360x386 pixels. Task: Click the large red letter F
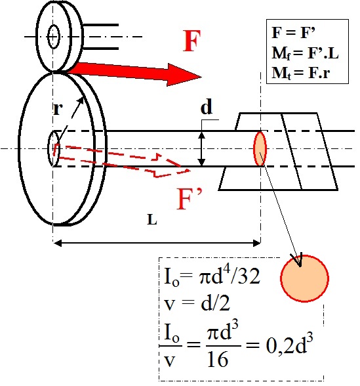click(192, 41)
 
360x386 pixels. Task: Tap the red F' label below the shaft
click(190, 199)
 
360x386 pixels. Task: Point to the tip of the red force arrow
click(201, 77)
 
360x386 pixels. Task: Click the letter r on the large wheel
click(58, 109)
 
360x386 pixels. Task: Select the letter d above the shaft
click(207, 108)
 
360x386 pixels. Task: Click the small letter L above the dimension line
click(152, 219)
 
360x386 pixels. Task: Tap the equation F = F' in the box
click(294, 32)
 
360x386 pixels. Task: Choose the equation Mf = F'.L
click(305, 53)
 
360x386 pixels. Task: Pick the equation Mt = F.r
click(300, 73)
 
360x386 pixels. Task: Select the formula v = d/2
click(197, 303)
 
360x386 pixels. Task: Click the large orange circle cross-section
click(304, 278)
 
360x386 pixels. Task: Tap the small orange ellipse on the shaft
click(260, 148)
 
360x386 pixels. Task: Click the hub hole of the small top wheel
click(54, 37)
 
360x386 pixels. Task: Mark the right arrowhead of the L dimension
click(257, 244)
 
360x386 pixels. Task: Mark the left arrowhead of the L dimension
click(57, 244)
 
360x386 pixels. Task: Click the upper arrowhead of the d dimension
click(202, 135)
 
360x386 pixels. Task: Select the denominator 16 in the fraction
click(218, 360)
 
